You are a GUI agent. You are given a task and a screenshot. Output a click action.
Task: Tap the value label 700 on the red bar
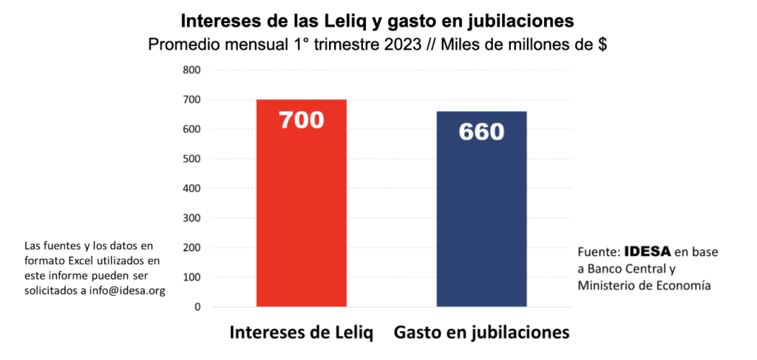point(302,119)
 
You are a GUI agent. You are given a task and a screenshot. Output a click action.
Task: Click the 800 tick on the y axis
point(191,70)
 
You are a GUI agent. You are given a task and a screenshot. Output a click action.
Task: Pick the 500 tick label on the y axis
point(191,159)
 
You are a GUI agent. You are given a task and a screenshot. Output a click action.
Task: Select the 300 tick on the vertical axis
point(191,218)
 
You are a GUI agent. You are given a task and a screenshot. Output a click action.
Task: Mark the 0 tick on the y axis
point(197,307)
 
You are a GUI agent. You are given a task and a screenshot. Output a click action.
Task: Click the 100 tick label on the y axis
point(191,277)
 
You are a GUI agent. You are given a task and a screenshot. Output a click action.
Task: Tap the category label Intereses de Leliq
point(302,333)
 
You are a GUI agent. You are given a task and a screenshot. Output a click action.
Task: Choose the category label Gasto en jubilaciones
point(482,333)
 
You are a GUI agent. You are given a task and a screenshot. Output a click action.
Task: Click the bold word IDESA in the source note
point(648,251)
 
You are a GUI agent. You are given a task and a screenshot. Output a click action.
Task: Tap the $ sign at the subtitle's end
point(602,44)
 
